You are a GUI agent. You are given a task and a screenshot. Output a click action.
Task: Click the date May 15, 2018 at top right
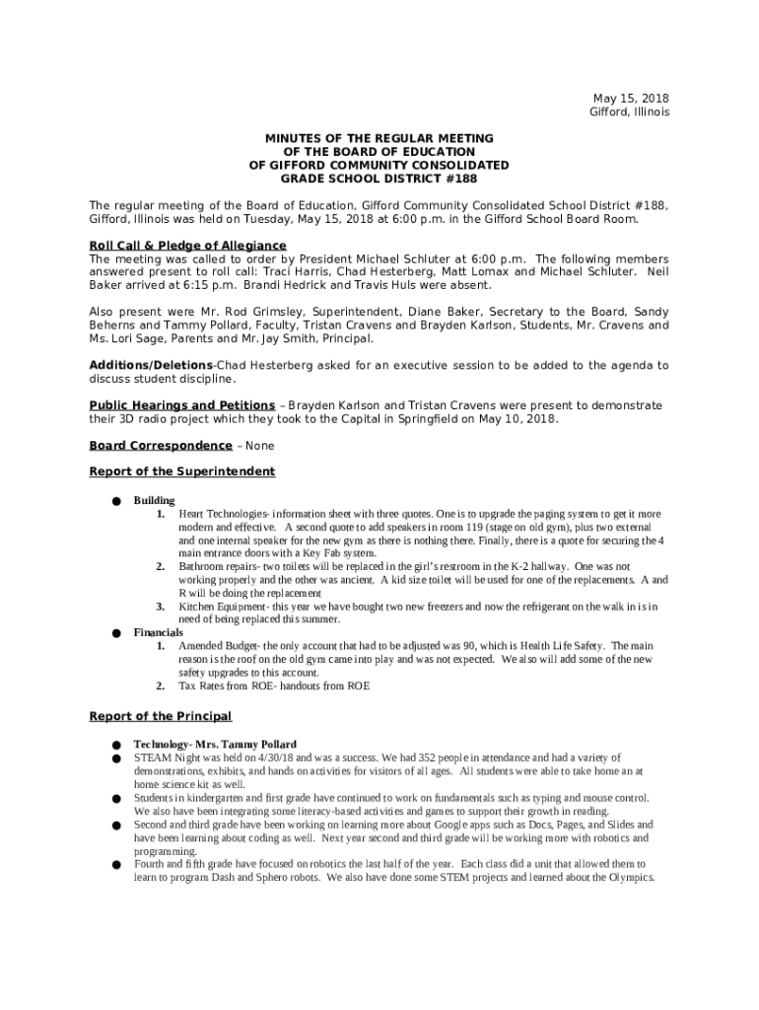coord(630,98)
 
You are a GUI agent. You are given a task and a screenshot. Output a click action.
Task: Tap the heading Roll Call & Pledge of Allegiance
coord(187,245)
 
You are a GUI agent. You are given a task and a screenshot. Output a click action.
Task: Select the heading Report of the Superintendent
coord(182,471)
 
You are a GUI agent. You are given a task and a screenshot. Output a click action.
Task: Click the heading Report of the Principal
coord(161,715)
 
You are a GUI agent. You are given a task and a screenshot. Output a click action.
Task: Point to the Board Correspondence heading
coord(161,445)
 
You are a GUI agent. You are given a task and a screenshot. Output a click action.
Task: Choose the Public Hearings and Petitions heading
coord(182,405)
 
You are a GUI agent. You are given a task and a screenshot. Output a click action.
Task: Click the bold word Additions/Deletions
coord(151,365)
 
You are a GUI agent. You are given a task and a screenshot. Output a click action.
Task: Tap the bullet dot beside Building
coord(115,501)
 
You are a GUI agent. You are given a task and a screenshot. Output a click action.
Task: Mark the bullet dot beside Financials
coord(115,633)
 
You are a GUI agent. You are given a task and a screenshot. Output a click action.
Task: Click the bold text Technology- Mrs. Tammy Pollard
coord(215,744)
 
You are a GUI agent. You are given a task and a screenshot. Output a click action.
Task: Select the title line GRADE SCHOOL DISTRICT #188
coord(379,179)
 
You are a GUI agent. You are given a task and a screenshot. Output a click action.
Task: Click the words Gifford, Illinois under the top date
coord(629,111)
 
